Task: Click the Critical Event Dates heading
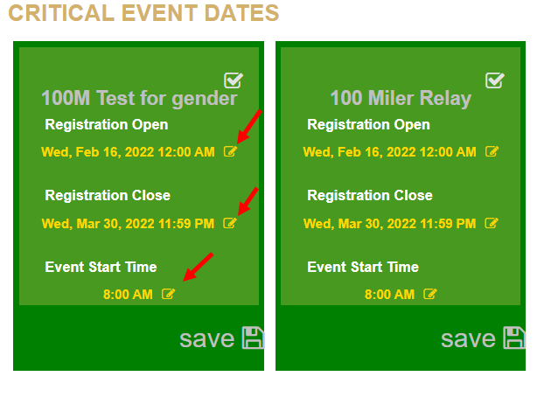tap(143, 13)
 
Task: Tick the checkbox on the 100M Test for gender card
tap(234, 80)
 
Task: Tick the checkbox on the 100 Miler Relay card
tap(495, 80)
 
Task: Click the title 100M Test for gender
tap(139, 98)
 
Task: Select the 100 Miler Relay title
tap(401, 98)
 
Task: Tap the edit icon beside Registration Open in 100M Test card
tap(230, 151)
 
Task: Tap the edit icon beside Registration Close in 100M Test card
tap(230, 223)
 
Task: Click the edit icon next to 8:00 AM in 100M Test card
tap(168, 294)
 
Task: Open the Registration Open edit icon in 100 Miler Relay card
tap(492, 151)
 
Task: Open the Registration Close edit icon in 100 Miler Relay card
tap(492, 223)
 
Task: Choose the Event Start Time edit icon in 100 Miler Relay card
tap(430, 294)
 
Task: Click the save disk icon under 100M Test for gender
tap(253, 338)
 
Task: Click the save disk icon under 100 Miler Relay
tap(514, 338)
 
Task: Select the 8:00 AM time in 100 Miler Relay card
tap(390, 295)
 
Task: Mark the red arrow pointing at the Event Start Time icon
tap(199, 267)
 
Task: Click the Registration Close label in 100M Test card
tap(108, 195)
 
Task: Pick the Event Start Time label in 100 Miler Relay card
tap(363, 268)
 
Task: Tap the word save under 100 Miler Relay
tap(468, 339)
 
